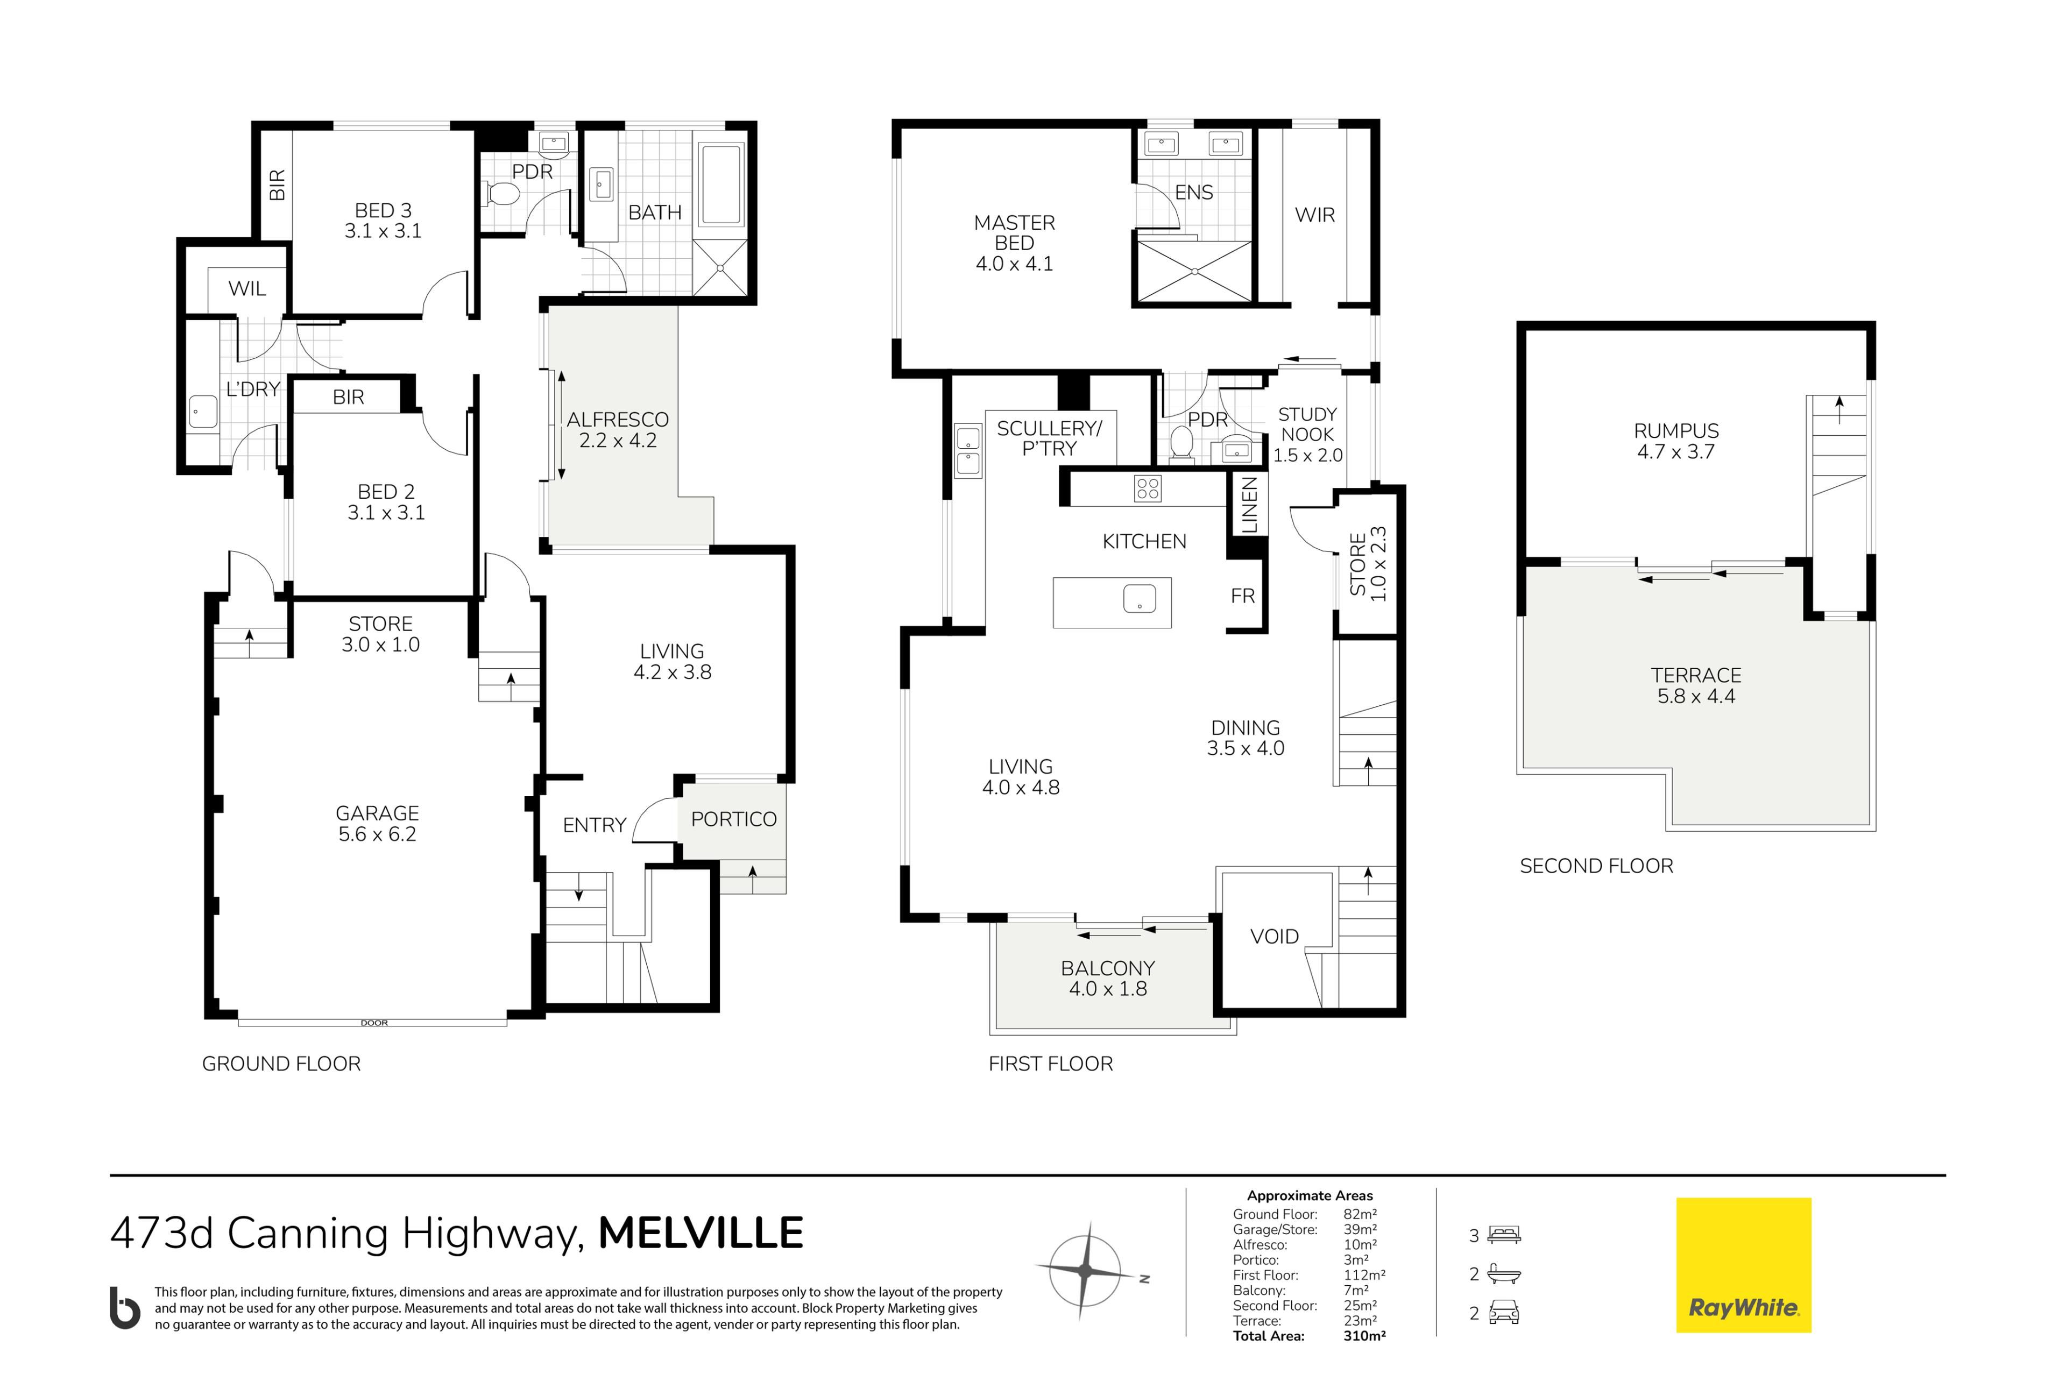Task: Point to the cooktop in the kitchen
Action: click(1147, 488)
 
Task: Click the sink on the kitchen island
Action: click(1139, 598)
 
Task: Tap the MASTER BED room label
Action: click(1015, 243)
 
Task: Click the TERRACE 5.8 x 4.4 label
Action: click(1696, 685)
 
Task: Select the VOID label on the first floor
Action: click(1275, 936)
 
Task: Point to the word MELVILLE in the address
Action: click(701, 1233)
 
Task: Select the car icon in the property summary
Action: click(1504, 1313)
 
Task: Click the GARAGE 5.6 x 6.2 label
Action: click(378, 824)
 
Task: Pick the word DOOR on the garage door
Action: click(374, 1023)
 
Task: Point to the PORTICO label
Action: click(734, 819)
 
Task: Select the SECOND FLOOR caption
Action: click(1596, 866)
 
